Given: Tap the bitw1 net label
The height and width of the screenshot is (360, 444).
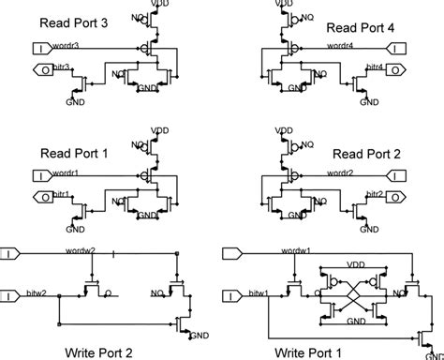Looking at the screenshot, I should (256, 293).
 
